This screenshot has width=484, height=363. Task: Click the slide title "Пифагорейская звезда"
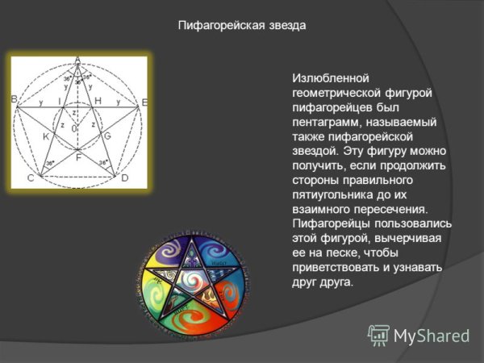pos(242,26)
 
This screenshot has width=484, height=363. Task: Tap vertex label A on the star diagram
pos(77,60)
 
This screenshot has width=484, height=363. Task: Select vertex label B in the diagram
pos(15,100)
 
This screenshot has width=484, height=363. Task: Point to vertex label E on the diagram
pos(144,102)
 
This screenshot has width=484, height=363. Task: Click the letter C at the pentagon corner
pos(30,177)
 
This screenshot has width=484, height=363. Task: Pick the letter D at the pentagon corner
pos(125,177)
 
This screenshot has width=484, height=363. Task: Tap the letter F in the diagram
pos(77,159)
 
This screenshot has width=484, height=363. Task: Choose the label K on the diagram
pos(46,138)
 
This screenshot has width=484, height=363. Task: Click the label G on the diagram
pos(107,137)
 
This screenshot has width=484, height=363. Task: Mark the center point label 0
pos(74,128)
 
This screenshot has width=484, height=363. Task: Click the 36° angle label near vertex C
pos(50,164)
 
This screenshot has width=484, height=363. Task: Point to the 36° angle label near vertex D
pos(104,164)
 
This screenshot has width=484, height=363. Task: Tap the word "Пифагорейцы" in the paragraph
pos(331,224)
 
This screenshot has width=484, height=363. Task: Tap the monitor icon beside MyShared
pos(378,335)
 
